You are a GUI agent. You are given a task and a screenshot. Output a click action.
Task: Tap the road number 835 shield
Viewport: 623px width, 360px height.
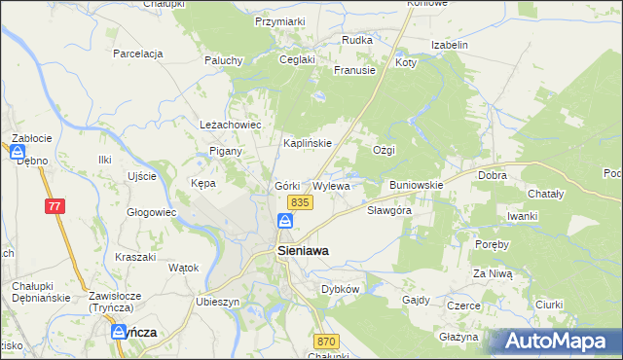point(300,201)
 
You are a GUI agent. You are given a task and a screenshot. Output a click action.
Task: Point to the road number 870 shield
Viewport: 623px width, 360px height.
point(326,342)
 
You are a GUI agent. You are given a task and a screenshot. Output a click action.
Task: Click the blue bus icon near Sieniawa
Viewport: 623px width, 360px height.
point(284,223)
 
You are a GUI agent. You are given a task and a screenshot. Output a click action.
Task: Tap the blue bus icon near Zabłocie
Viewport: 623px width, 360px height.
point(18,152)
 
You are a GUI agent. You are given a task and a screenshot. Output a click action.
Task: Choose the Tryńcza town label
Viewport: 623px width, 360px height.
point(133,332)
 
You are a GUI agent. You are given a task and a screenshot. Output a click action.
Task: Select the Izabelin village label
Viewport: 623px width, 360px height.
point(451,45)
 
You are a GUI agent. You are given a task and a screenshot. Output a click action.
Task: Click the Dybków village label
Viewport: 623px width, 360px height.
point(341,289)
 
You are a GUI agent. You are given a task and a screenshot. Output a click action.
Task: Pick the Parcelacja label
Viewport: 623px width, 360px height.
point(137,54)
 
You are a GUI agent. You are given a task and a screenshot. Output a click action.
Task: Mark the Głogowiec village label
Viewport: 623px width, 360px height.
point(151,211)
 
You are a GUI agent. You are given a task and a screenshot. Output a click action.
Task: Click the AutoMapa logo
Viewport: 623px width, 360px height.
point(556,341)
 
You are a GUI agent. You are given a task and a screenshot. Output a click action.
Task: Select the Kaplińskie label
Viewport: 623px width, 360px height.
point(308,143)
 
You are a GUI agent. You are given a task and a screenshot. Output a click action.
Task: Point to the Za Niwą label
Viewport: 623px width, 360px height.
point(493,274)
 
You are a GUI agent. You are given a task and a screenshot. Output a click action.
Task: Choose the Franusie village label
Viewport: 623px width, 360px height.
point(354,70)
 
